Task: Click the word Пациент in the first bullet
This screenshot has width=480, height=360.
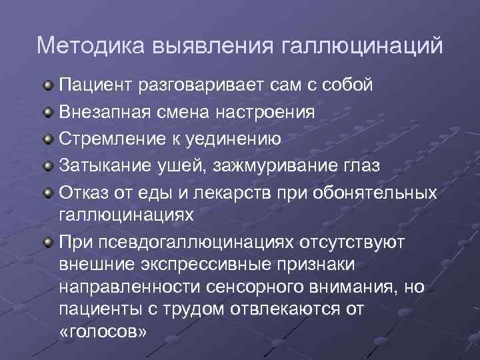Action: coord(96,85)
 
